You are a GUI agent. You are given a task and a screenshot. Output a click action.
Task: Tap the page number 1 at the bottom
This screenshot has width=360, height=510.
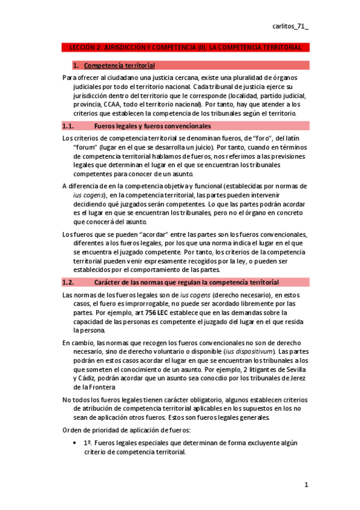point(306,485)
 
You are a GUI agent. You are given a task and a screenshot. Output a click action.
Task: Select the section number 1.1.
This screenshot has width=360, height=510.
point(68,126)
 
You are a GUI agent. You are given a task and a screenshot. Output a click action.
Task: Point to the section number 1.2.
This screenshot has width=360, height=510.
point(68,282)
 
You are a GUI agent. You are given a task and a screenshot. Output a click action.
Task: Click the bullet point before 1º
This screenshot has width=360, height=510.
point(74,443)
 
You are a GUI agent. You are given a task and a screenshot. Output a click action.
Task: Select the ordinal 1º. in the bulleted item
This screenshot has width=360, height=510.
point(88,443)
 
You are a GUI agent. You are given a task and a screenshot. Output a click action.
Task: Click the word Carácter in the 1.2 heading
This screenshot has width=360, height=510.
point(110,282)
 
